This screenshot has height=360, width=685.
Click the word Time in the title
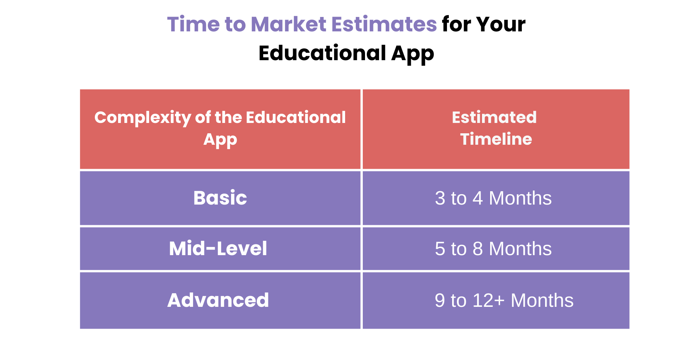pos(193,24)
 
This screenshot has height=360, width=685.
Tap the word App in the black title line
pos(412,54)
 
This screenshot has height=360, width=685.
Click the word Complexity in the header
pos(142,118)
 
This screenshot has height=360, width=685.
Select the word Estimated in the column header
pos(494,117)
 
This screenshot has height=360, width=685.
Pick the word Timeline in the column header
pos(496,139)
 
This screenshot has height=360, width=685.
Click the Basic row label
pos(220,198)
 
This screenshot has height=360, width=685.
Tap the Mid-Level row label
pos(218,248)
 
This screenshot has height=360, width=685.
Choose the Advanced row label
pos(218,300)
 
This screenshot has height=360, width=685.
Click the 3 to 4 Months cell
pos(493,198)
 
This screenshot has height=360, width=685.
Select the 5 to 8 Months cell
pos(493,249)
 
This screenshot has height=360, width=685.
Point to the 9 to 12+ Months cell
pos(504,300)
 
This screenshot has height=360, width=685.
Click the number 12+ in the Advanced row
pos(488,300)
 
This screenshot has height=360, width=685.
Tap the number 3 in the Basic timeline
pos(440,198)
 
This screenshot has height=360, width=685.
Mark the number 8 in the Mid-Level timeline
pos(478,249)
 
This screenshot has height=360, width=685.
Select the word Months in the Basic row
pos(520,198)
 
